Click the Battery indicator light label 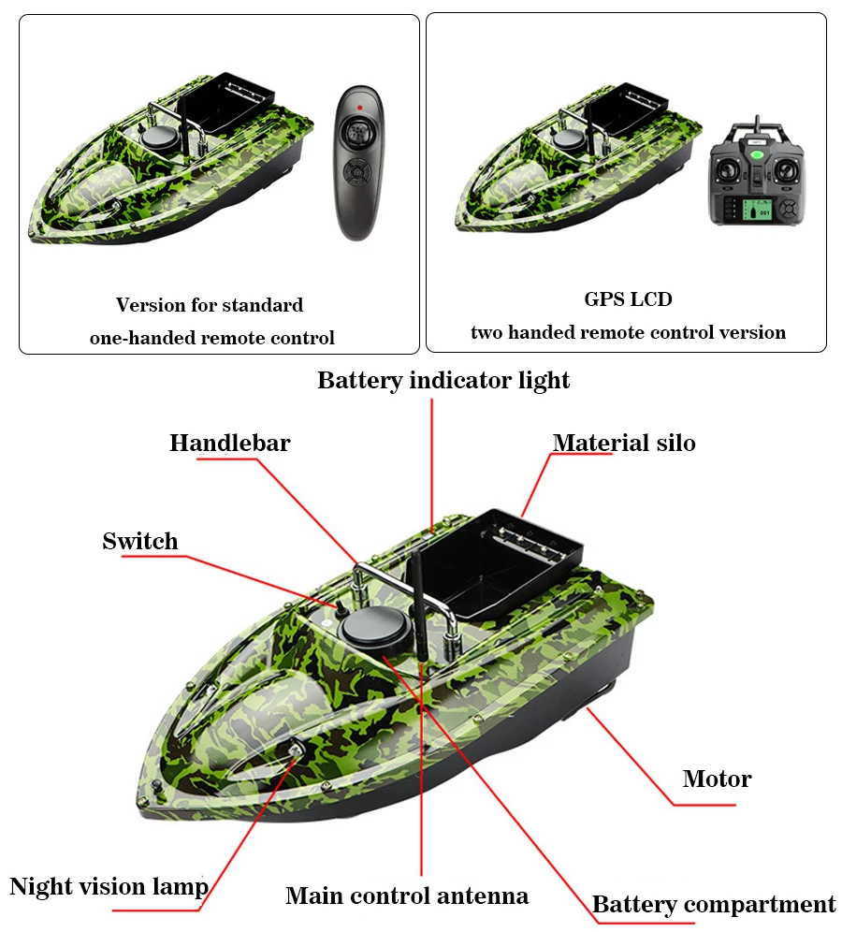(443, 381)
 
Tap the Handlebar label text (229, 444)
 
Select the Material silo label (624, 443)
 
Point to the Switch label (139, 541)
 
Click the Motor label (717, 779)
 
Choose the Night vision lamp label (109, 886)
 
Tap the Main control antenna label (407, 896)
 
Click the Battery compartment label (714, 905)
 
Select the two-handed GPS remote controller (757, 173)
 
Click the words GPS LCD (628, 299)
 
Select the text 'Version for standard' (210, 305)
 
